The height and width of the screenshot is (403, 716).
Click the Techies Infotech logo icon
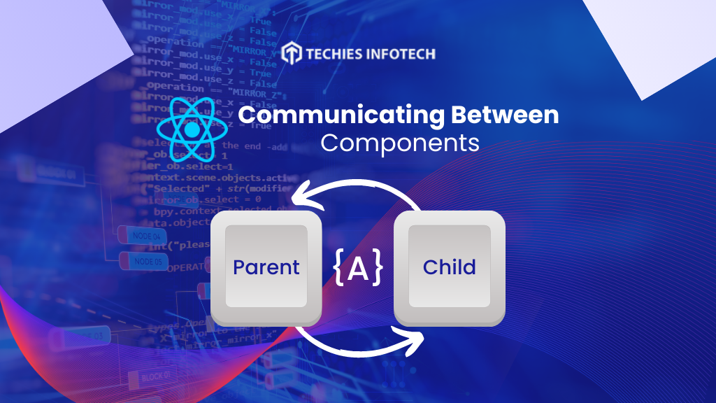tap(292, 52)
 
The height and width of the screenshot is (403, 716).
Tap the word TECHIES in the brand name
tap(338, 53)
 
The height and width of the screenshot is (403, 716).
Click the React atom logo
tap(191, 129)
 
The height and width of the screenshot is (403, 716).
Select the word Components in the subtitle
tap(400, 143)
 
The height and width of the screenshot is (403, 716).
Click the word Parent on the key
tap(266, 267)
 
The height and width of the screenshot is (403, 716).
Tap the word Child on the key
tap(449, 267)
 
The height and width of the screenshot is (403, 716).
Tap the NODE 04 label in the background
tap(146, 236)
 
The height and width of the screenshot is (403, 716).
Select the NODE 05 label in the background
tap(148, 262)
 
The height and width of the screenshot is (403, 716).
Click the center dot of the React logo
tap(191, 130)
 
